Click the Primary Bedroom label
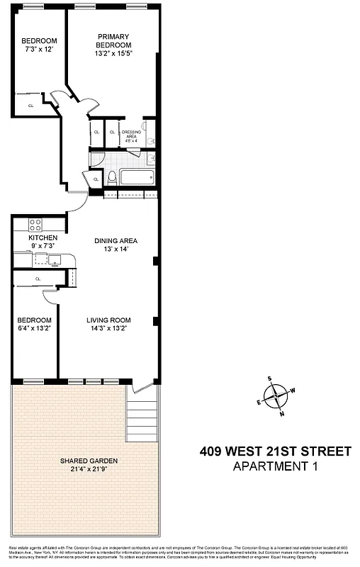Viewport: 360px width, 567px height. [115, 41]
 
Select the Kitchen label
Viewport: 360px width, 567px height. [43, 237]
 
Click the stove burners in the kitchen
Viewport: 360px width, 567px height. [35, 225]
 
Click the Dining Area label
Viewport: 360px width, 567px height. [116, 240]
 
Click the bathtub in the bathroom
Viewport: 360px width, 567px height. [136, 176]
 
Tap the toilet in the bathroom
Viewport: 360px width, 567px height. [112, 176]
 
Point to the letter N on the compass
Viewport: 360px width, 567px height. [283, 414]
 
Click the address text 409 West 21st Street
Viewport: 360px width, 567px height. [276, 451]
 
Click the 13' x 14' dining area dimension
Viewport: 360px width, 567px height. [116, 249]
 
